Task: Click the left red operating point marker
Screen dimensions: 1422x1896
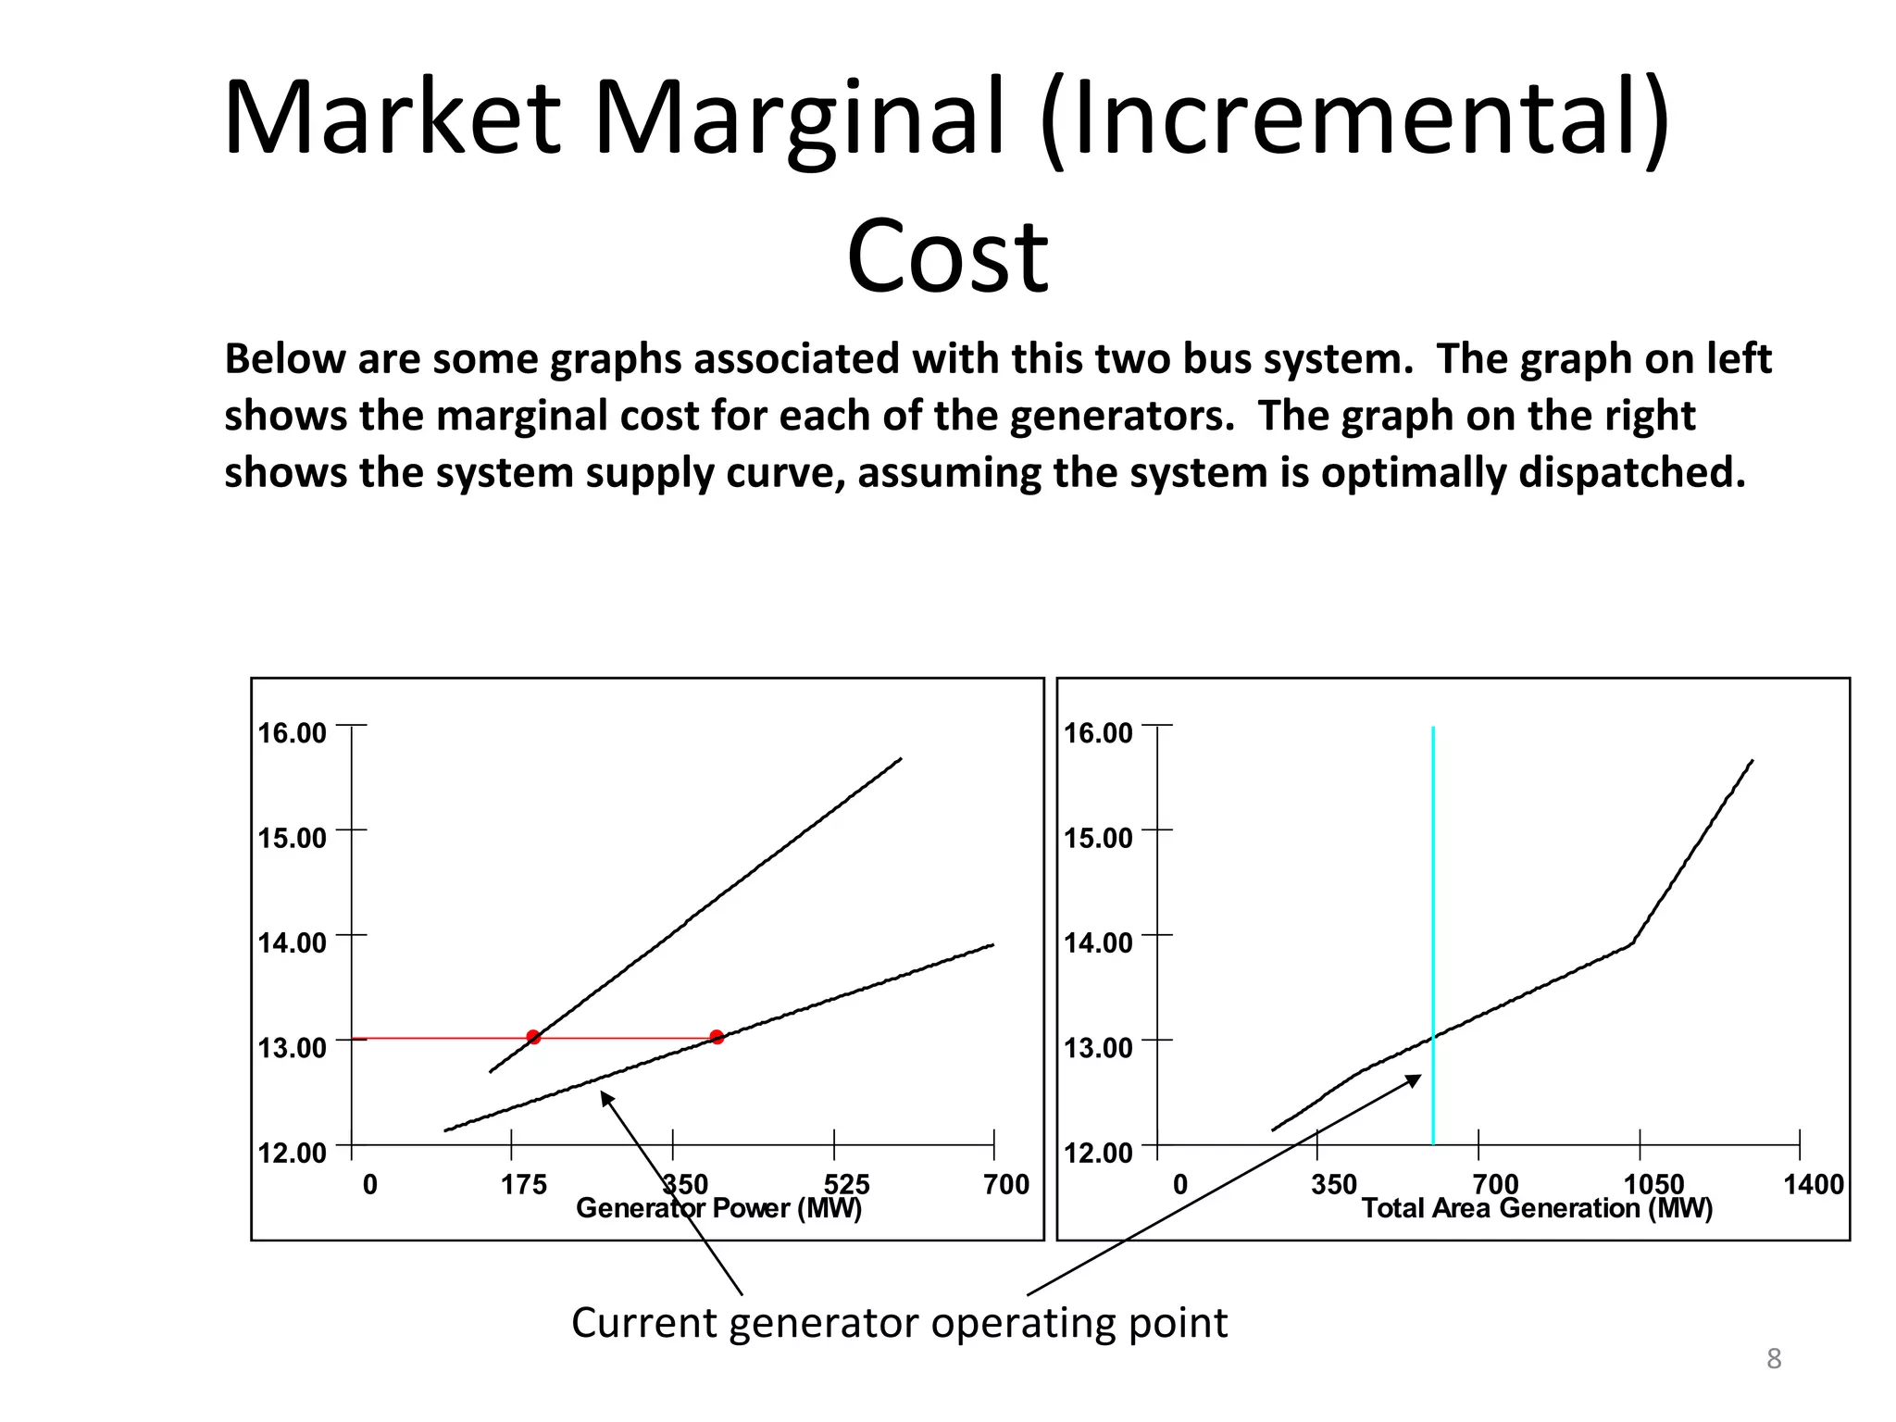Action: point(533,1037)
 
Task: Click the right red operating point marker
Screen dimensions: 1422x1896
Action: point(717,1037)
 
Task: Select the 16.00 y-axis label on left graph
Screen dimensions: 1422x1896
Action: point(292,733)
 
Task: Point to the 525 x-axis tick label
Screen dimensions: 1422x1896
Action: point(847,1184)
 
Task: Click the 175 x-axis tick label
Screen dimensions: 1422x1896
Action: point(524,1184)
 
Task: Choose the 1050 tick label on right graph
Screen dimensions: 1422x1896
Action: point(1653,1184)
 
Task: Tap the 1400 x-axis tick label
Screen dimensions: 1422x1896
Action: point(1814,1184)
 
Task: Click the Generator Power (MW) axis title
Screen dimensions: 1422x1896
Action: point(718,1208)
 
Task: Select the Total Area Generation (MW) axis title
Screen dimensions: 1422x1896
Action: point(1537,1208)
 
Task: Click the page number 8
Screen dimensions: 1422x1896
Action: point(1774,1359)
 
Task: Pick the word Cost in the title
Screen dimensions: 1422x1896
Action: point(947,256)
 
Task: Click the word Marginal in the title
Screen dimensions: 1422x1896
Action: point(799,118)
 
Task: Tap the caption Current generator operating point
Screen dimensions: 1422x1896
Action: point(899,1323)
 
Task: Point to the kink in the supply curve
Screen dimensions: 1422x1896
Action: point(1631,943)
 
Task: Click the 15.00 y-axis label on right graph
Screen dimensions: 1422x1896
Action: point(1098,838)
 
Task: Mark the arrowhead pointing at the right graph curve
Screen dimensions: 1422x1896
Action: point(1414,1079)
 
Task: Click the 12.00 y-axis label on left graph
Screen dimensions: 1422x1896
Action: point(292,1153)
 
